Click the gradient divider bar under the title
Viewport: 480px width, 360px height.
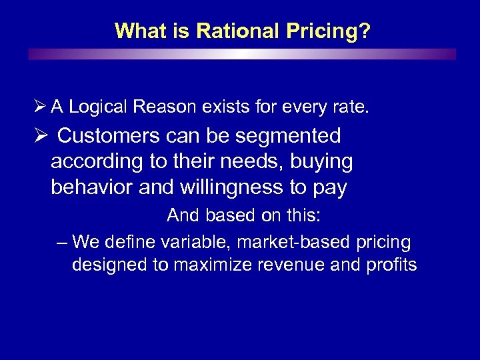[x=242, y=54]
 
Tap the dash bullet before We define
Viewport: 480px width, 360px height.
[x=63, y=241]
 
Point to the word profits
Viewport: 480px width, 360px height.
[x=391, y=265]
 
